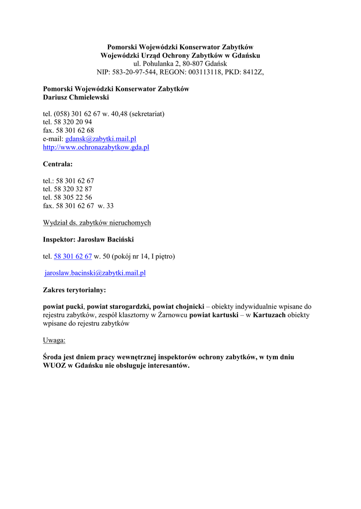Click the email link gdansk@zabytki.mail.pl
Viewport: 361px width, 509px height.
tap(101, 139)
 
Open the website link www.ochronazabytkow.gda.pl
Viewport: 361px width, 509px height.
tap(96, 148)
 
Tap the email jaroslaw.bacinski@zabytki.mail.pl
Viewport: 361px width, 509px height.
tap(95, 273)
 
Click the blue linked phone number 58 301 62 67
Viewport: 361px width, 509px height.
tap(73, 256)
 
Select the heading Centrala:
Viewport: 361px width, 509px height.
tap(58, 164)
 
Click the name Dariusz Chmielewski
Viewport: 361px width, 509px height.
tap(76, 97)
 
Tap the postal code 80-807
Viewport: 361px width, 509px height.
tap(193, 64)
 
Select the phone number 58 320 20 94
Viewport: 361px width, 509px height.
tap(74, 122)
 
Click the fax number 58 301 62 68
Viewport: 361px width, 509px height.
tap(75, 131)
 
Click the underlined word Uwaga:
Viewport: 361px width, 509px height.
tap(54, 340)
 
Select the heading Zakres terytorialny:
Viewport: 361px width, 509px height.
tap(75, 290)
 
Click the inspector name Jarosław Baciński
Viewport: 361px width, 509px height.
tap(106, 240)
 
